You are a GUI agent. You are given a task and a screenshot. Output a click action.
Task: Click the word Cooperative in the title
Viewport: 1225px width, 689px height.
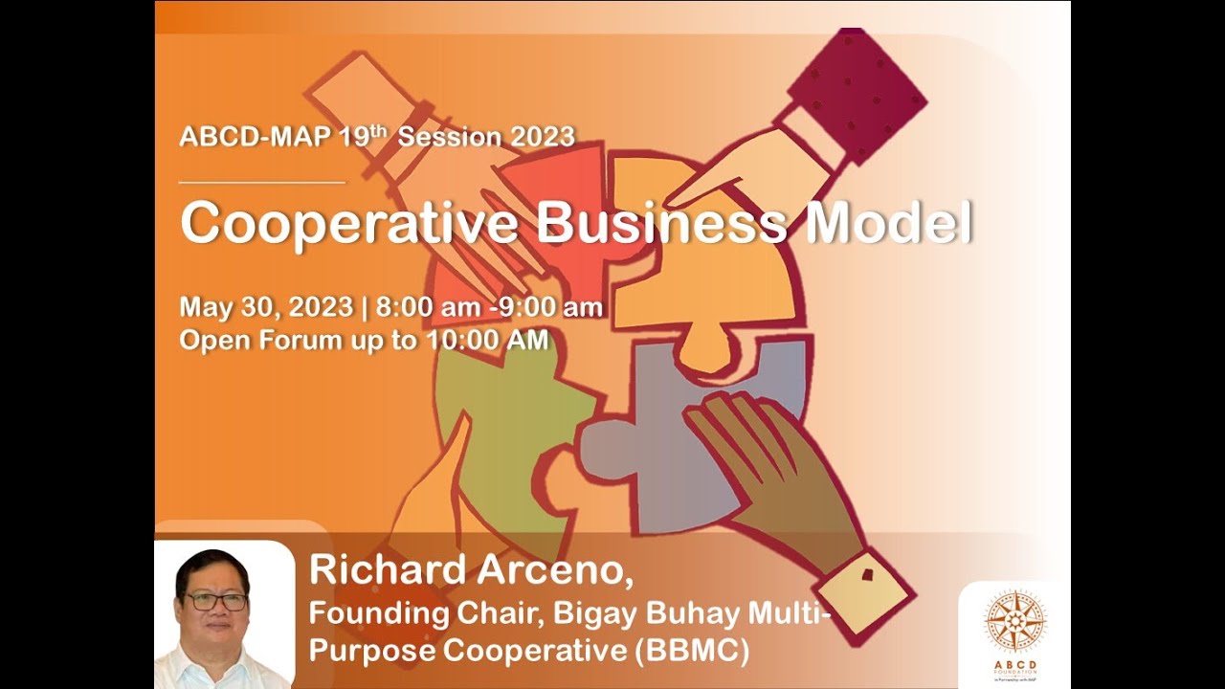coord(349,224)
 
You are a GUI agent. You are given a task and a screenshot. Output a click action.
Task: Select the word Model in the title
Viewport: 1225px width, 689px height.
coord(890,224)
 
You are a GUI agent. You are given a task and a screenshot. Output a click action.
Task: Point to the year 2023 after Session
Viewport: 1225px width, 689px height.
coord(542,137)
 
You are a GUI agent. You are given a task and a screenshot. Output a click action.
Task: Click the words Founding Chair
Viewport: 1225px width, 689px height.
coord(394,611)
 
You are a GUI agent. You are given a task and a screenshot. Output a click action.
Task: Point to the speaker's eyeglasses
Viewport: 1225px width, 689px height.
coord(214,601)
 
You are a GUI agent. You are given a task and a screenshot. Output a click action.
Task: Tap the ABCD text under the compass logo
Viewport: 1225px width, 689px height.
coord(1014,665)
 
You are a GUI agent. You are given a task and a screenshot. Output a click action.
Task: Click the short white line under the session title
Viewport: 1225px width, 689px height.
coord(261,181)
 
